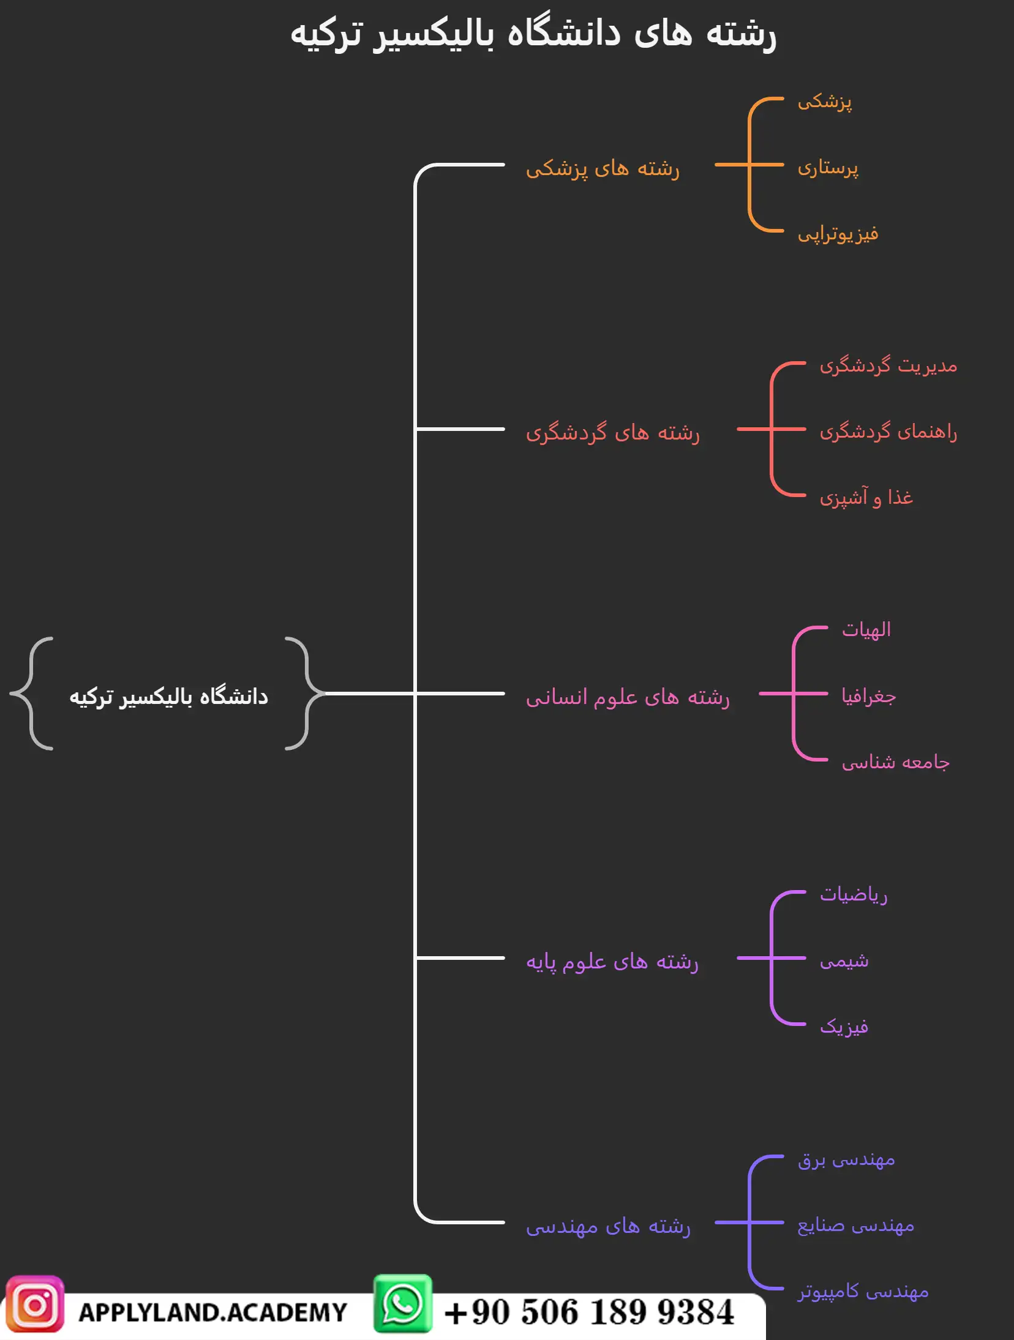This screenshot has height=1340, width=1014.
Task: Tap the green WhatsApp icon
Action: (x=403, y=1303)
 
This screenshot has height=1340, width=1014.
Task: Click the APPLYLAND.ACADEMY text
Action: (x=212, y=1312)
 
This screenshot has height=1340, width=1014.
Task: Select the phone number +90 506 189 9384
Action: (x=588, y=1312)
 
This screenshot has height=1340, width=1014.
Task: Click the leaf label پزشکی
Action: (x=824, y=102)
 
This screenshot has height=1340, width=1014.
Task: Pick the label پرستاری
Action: (x=828, y=167)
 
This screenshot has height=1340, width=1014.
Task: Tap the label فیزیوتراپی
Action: (x=838, y=234)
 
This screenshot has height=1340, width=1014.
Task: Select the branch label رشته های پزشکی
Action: (x=603, y=168)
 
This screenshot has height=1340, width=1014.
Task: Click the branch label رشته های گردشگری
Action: (x=612, y=433)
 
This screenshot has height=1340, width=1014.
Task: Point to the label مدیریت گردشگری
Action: (x=888, y=366)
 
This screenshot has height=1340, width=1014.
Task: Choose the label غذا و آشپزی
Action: (x=866, y=498)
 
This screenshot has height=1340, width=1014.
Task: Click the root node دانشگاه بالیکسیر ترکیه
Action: (x=168, y=697)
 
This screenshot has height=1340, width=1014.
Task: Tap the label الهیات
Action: (x=866, y=630)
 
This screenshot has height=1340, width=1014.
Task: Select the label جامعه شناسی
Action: (x=895, y=762)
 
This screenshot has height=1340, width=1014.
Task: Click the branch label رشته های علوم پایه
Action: (x=612, y=962)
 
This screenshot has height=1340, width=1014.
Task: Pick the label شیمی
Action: (x=844, y=961)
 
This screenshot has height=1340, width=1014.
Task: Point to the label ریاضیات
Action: (x=854, y=895)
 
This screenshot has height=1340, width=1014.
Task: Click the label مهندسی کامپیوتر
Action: (x=863, y=1292)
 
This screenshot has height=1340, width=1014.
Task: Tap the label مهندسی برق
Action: (x=846, y=1159)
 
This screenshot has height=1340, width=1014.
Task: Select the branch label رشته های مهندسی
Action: (x=608, y=1226)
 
